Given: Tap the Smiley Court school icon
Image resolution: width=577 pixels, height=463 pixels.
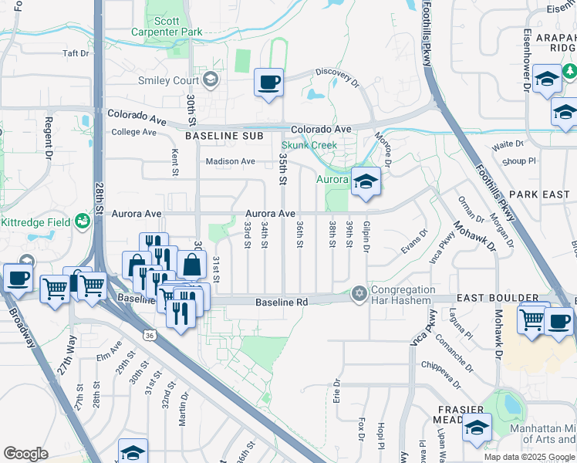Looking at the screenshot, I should (x=211, y=79).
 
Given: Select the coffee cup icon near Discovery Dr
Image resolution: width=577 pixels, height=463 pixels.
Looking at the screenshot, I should (x=268, y=82).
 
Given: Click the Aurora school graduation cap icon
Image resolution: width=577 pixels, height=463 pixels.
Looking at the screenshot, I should (x=366, y=181).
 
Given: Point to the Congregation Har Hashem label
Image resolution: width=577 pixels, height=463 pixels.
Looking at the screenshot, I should (x=403, y=296).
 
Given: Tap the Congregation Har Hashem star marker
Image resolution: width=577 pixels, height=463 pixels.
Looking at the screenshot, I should (x=358, y=293).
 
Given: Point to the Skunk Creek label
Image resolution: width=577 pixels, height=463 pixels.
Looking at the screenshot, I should (x=309, y=145).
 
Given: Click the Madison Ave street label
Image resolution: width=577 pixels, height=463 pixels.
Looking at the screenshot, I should (x=230, y=161).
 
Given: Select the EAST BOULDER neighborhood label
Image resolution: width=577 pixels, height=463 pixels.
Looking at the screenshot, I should (x=497, y=298).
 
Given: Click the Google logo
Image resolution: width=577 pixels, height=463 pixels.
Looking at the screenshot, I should (x=25, y=454).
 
